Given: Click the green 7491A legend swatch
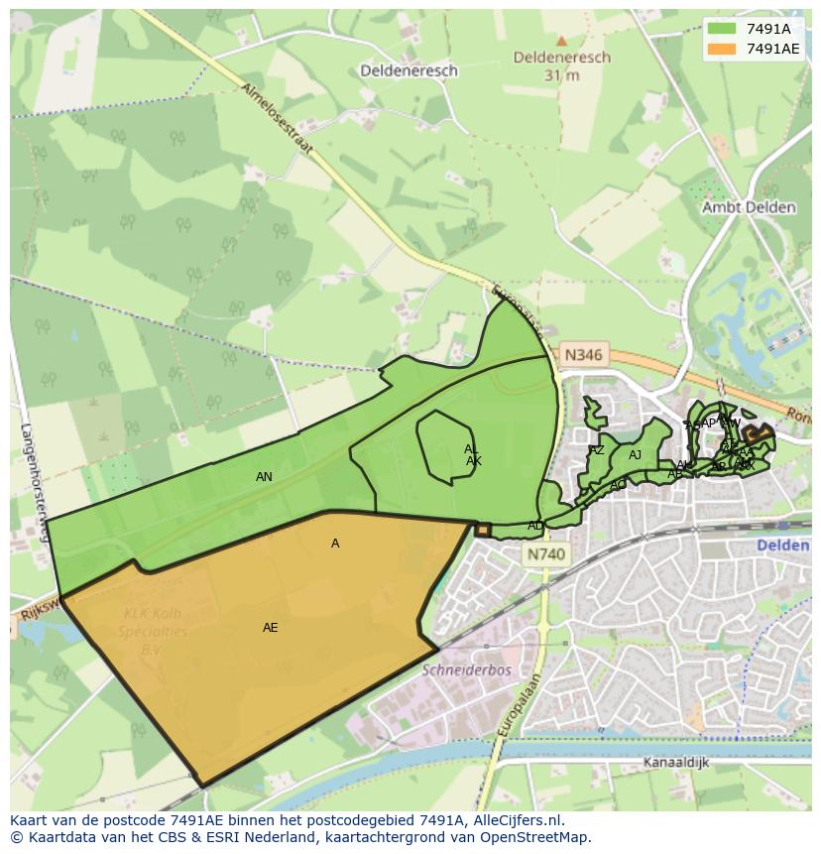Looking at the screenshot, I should pyautogui.click(x=722, y=29).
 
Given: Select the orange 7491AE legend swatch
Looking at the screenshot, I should pyautogui.click(x=722, y=49).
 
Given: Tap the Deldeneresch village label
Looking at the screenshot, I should pyautogui.click(x=409, y=70).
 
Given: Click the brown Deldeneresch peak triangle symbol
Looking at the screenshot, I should pyautogui.click(x=561, y=42).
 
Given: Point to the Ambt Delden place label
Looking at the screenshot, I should pyautogui.click(x=749, y=207).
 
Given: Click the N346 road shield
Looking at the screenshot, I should pyautogui.click(x=583, y=353).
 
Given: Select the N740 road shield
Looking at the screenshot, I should pyautogui.click(x=544, y=556).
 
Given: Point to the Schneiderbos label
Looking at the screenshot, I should pyautogui.click(x=465, y=670).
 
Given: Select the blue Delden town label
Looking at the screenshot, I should pyautogui.click(x=783, y=546).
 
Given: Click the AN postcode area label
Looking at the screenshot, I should pyautogui.click(x=264, y=477).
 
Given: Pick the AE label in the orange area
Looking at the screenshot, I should pyautogui.click(x=270, y=628).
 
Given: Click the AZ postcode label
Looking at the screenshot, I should pyautogui.click(x=596, y=450).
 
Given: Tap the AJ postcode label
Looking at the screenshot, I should pyautogui.click(x=635, y=455).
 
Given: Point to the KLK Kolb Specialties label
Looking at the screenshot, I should pyautogui.click(x=153, y=632).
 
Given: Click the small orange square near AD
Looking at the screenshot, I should pyautogui.click(x=483, y=530).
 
